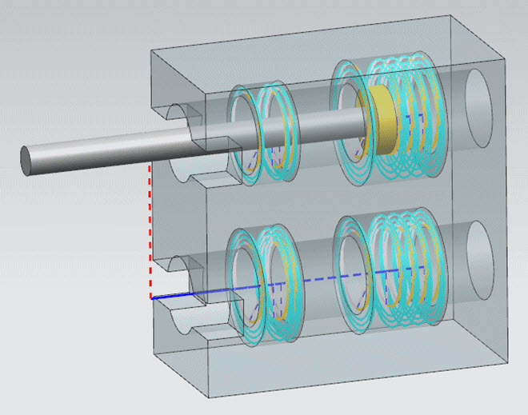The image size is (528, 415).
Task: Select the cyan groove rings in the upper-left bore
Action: (264, 136)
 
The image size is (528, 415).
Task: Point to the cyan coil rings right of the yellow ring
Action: (420, 116)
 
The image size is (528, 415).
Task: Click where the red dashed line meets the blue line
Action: (152, 297)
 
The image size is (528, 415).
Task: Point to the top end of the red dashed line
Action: (151, 166)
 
